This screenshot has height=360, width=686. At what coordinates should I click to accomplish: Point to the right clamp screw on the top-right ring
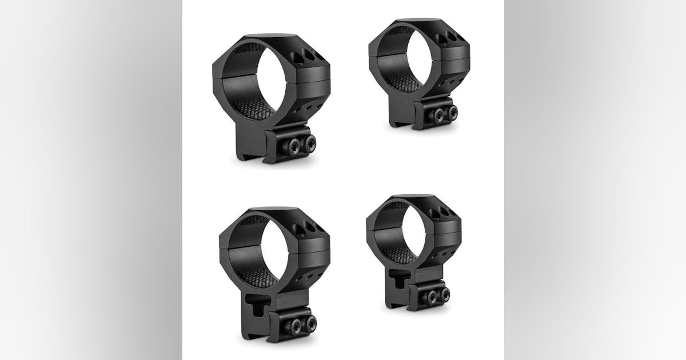[452, 110]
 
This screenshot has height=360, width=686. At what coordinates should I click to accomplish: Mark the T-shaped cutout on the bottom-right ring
[396, 277]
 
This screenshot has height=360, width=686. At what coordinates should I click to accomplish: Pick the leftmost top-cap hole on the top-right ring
[441, 38]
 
